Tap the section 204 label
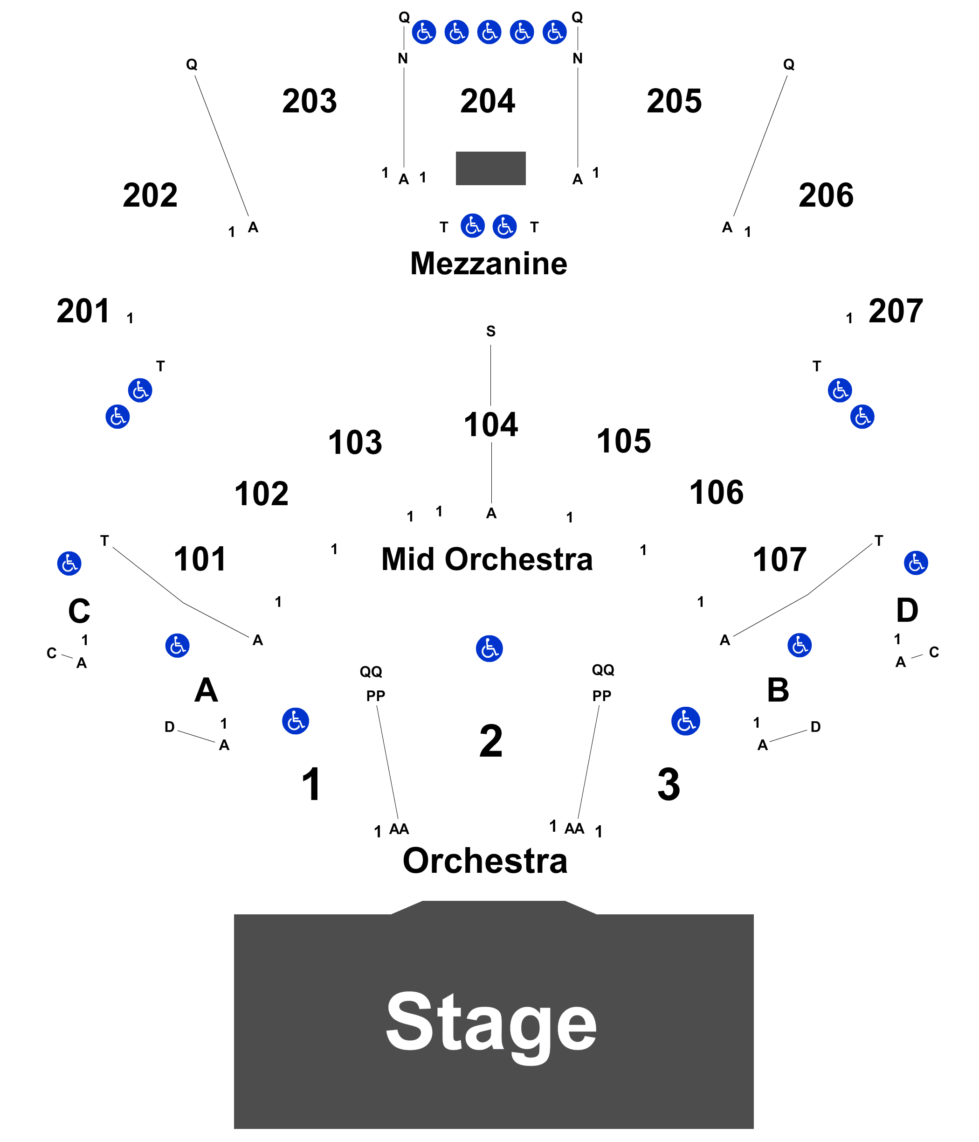click(x=488, y=101)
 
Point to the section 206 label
click(x=826, y=195)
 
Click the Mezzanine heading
click(x=489, y=264)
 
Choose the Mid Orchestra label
click(x=487, y=559)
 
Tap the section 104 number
click(x=490, y=425)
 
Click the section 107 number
click(x=779, y=559)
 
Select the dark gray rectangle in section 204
click(x=490, y=168)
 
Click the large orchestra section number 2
click(x=491, y=741)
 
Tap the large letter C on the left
click(x=79, y=611)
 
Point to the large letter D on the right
click(x=907, y=610)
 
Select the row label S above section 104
click(x=490, y=331)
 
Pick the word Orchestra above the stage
click(x=485, y=861)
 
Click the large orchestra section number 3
click(x=669, y=784)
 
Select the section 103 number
click(x=355, y=442)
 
